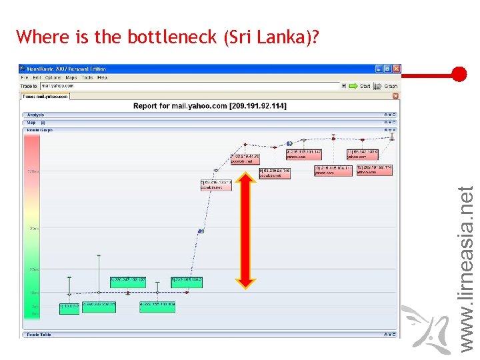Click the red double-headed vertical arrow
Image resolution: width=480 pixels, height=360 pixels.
pos(247,230)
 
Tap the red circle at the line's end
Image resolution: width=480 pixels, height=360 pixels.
pos(459,74)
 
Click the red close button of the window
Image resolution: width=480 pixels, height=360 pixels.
pos(397,69)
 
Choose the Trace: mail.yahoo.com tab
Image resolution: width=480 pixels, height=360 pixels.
pos(45,96)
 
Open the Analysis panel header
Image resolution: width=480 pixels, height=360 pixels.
pos(36,115)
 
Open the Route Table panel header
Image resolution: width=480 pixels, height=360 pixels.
pos(39,334)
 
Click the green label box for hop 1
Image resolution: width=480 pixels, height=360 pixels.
pos(69,307)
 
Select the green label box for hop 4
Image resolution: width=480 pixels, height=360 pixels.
pos(157,307)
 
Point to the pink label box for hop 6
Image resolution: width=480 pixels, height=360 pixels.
pos(216,185)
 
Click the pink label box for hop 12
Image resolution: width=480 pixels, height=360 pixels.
pos(374,170)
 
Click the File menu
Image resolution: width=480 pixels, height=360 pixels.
pos(25,77)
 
